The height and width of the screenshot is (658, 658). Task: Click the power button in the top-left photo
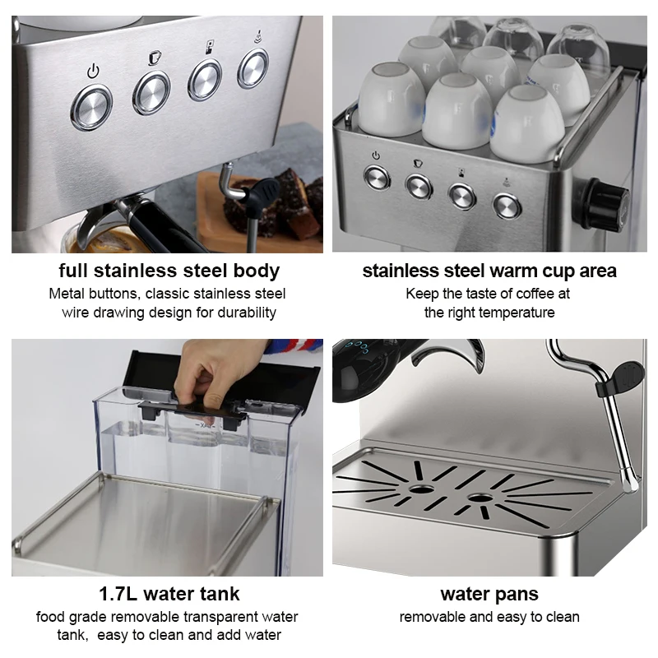coord(91,107)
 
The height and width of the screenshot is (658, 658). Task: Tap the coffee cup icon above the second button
coord(155,58)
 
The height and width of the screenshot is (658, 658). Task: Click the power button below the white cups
coord(377,178)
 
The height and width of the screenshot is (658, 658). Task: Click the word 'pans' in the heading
coord(517,595)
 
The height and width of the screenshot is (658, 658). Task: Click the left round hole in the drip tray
coord(421,489)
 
